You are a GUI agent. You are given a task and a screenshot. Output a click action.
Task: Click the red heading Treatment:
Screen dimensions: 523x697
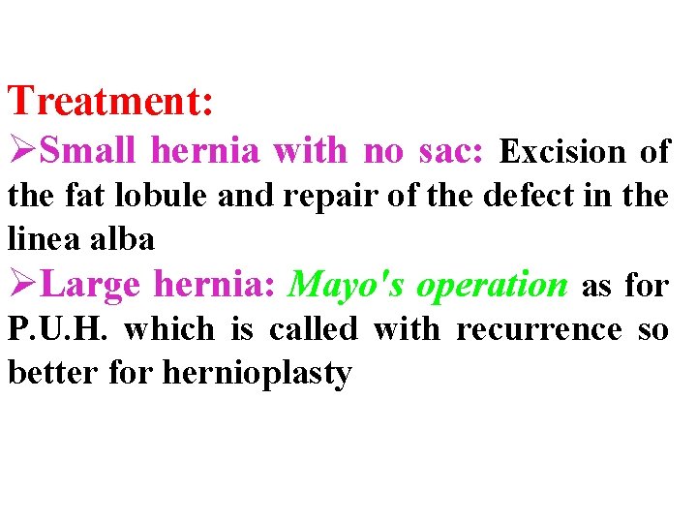pyautogui.click(x=110, y=101)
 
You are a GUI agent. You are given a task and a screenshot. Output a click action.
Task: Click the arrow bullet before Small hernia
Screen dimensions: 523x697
pyautogui.click(x=24, y=151)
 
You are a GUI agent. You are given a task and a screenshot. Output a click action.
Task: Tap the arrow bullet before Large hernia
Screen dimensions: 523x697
pyautogui.click(x=24, y=285)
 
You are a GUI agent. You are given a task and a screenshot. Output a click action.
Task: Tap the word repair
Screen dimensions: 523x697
pyautogui.click(x=312, y=196)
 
